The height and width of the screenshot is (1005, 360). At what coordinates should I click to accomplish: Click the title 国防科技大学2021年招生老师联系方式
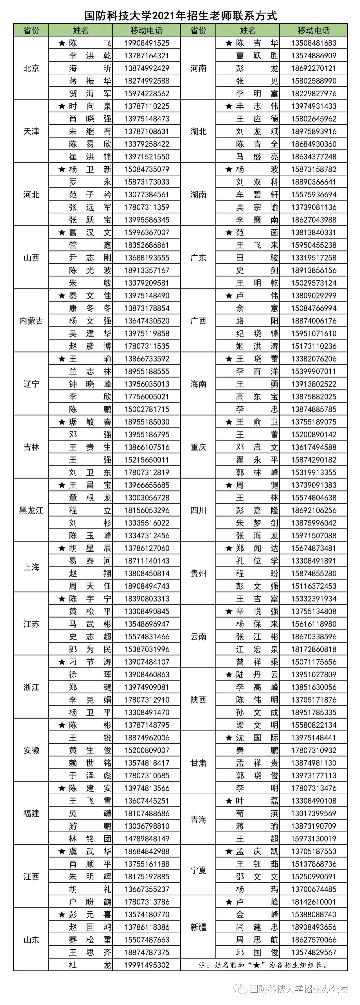[181, 16]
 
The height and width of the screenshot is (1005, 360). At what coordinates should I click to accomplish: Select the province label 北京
[31, 68]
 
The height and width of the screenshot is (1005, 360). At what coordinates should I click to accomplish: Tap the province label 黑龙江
[31, 510]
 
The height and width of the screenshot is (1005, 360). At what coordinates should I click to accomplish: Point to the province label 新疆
[198, 927]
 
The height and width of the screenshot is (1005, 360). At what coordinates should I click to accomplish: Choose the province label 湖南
[198, 194]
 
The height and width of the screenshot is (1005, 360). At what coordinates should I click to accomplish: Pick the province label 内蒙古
[31, 321]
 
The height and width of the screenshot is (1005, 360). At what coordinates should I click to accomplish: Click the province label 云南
[198, 636]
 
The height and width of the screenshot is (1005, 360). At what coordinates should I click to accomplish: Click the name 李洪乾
[90, 55]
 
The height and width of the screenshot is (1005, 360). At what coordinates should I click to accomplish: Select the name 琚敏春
[90, 422]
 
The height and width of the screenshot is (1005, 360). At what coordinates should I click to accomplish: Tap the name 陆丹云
[257, 674]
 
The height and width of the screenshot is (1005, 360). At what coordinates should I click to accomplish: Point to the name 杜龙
[90, 965]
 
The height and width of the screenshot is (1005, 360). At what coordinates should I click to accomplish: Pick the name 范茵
[257, 232]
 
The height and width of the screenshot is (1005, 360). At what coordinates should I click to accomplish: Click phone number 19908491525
[147, 43]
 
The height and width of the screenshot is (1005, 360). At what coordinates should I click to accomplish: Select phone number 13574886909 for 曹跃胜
[314, 55]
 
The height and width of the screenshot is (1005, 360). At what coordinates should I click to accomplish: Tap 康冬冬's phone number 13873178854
[147, 308]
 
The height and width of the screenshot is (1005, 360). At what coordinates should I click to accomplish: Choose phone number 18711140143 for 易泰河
[147, 561]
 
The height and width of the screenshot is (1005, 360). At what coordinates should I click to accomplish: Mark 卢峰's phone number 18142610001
[314, 902]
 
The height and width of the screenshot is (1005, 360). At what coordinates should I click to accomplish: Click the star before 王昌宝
[62, 485]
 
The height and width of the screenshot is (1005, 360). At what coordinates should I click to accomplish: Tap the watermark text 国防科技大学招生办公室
[298, 988]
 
